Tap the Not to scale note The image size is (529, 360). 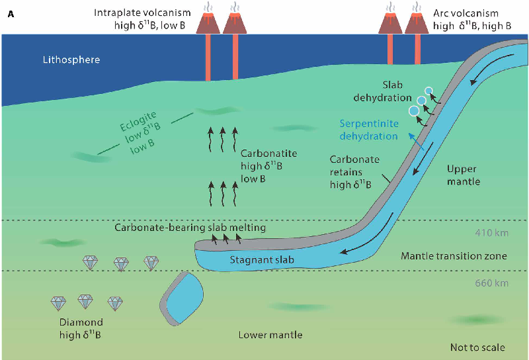tap(476, 347)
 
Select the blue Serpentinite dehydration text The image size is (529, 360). tap(368, 130)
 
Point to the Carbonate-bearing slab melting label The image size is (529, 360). tap(190, 228)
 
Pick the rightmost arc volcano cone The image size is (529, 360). tap(417, 23)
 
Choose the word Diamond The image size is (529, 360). tap(79, 322)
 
